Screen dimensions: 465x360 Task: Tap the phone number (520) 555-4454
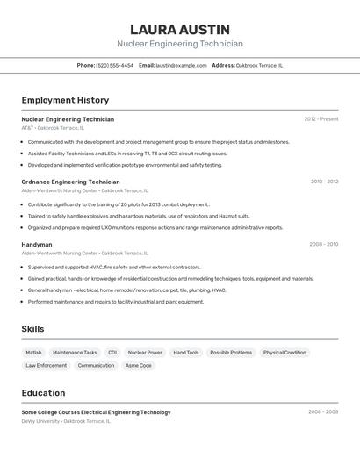point(115,65)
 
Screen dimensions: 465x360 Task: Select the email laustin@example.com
point(182,65)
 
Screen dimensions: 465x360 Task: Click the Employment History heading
point(65,100)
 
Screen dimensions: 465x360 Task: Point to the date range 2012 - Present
point(321,119)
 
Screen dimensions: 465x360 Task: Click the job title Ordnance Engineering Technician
point(70,182)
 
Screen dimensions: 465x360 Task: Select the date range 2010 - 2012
point(324,182)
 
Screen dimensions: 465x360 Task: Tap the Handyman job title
point(37,245)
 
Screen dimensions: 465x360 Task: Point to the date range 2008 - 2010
point(323,245)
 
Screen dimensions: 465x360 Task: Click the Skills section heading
point(32,329)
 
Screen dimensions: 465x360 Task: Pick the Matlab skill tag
point(33,353)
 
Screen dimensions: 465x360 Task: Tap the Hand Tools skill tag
point(186,353)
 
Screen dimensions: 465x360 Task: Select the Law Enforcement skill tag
point(46,366)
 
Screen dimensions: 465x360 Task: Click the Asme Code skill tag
point(138,366)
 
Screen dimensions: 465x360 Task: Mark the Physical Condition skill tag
point(284,353)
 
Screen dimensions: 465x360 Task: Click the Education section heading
point(43,393)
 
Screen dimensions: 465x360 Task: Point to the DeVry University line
point(66,421)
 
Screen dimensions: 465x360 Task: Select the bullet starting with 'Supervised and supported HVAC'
point(114,267)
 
